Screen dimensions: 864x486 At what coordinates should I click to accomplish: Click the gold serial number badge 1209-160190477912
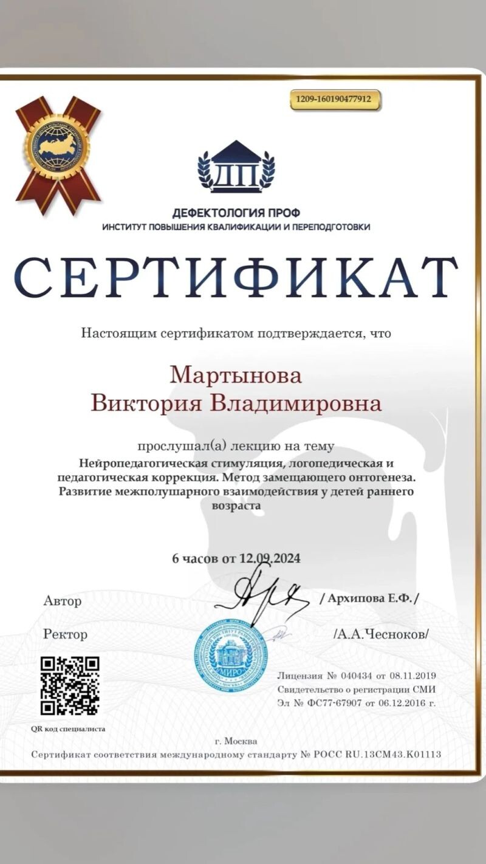pyautogui.click(x=335, y=100)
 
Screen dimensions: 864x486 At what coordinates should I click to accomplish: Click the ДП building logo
pyautogui.click(x=236, y=167)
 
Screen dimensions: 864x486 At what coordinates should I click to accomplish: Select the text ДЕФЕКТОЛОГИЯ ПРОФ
pyautogui.click(x=236, y=213)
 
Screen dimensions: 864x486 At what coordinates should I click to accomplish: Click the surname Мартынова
pyautogui.click(x=236, y=375)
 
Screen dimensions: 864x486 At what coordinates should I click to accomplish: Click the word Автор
pyautogui.click(x=63, y=601)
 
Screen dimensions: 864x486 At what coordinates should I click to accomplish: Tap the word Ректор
pyautogui.click(x=66, y=634)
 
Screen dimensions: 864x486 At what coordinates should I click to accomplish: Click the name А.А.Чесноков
pyautogui.click(x=382, y=634)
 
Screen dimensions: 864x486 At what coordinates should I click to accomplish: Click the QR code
pyautogui.click(x=70, y=685)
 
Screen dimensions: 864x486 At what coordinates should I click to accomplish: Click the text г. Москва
pyautogui.click(x=236, y=741)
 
